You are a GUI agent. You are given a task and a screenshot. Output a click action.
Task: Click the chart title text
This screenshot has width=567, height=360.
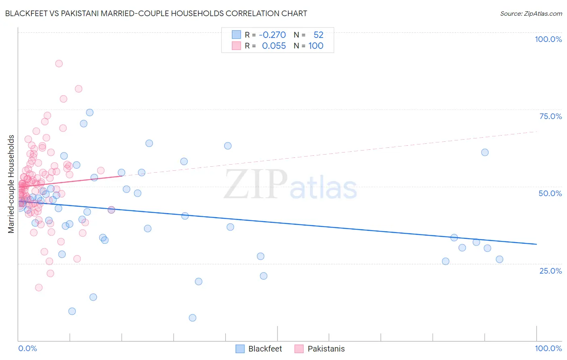click(x=156, y=13)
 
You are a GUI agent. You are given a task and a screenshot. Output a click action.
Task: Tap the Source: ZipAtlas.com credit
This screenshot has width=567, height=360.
click(x=531, y=13)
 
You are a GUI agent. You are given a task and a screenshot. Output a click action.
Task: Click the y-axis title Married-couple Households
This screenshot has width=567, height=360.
click(x=11, y=184)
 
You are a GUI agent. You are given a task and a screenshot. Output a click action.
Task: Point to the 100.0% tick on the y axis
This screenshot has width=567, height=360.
click(x=548, y=39)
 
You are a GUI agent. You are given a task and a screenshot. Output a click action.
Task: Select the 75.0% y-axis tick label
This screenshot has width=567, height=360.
click(x=550, y=116)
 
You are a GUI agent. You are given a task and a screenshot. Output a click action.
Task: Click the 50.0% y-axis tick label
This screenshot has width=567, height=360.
click(x=550, y=193)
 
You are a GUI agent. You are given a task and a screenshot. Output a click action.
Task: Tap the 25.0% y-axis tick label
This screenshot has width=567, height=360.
click(x=550, y=271)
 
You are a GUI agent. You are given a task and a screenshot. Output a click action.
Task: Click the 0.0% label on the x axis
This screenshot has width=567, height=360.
click(x=27, y=348)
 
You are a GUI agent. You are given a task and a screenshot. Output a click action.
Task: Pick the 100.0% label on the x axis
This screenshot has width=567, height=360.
click(x=548, y=348)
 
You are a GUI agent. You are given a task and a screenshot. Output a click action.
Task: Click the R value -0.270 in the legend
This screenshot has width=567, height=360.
click(x=272, y=35)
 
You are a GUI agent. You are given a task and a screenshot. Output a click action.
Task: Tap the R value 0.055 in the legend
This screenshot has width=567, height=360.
click(x=274, y=46)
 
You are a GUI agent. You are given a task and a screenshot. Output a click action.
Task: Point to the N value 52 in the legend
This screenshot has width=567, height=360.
click(x=318, y=35)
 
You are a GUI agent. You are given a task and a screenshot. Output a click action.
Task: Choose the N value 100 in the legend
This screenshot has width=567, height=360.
click(x=316, y=46)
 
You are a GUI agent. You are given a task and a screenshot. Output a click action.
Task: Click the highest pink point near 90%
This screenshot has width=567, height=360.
click(x=59, y=63)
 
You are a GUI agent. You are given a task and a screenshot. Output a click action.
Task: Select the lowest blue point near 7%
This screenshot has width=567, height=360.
click(x=192, y=318)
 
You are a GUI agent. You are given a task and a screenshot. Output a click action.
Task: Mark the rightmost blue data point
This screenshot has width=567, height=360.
click(x=499, y=260)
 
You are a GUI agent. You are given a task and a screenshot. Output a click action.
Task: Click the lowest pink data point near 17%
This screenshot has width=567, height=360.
click(x=39, y=288)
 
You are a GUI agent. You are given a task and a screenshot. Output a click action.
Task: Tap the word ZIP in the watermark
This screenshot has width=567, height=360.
click(x=256, y=184)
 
